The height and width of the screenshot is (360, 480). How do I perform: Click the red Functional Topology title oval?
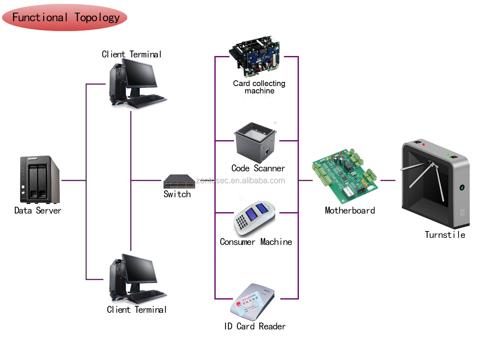[65, 18]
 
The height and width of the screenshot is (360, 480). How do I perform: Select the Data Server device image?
[39, 180]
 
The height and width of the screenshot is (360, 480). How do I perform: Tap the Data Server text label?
[38, 211]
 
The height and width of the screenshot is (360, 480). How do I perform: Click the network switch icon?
[179, 181]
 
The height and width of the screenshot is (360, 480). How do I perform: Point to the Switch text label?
[177, 194]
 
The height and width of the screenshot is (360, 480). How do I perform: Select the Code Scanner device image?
[255, 142]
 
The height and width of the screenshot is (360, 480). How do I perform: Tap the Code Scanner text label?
[258, 168]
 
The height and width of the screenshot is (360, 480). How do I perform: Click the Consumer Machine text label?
[256, 242]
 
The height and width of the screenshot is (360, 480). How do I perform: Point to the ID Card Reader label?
[255, 326]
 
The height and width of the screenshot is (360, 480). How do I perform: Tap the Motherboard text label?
[350, 211]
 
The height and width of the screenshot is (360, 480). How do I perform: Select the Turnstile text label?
[445, 235]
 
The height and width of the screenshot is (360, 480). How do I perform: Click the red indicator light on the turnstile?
[424, 145]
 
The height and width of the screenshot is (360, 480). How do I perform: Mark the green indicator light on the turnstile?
[448, 155]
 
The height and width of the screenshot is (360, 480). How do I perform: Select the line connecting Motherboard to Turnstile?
[388, 180]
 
